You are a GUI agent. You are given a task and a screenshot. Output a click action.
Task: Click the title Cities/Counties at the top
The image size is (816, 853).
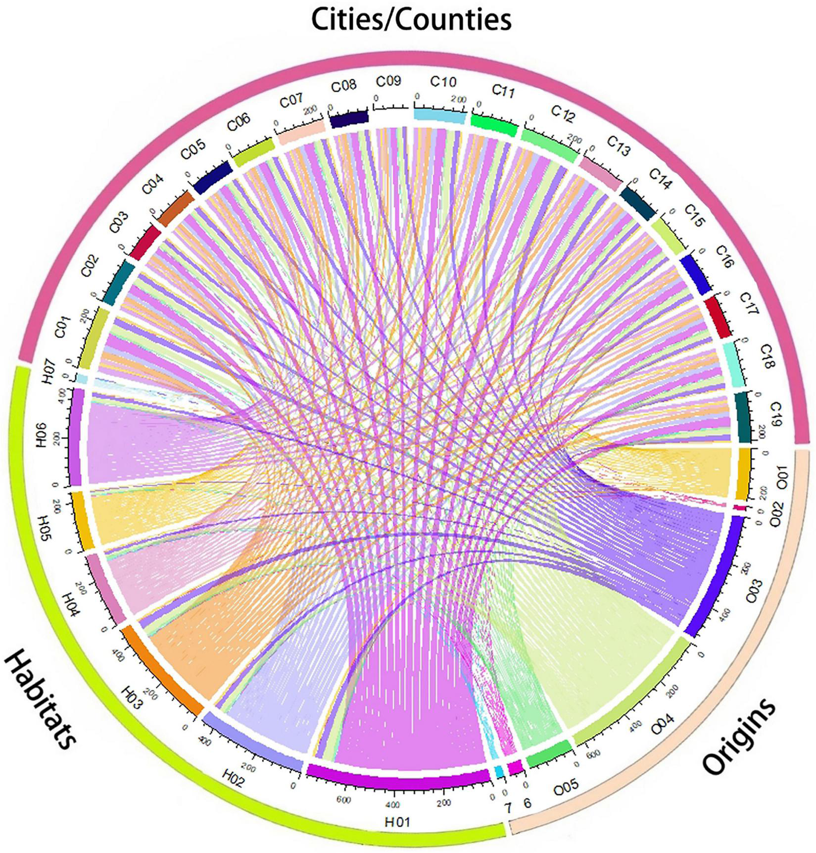[411, 20]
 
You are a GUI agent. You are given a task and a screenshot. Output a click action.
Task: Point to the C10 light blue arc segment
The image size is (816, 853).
[439, 116]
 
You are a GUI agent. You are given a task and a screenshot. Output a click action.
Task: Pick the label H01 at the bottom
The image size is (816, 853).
[398, 822]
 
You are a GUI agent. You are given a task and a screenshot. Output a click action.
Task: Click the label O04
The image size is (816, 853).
[663, 728]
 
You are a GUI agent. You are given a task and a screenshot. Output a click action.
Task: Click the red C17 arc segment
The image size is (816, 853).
[718, 317]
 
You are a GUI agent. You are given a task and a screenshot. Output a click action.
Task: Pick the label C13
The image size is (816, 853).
[618, 146]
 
